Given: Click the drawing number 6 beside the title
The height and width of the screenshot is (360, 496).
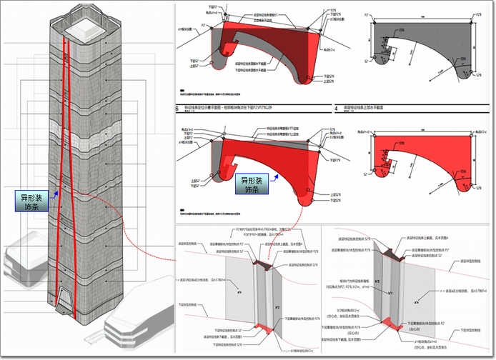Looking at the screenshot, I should pos(177,109).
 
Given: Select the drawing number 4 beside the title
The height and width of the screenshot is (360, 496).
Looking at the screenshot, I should pos(336,109).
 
